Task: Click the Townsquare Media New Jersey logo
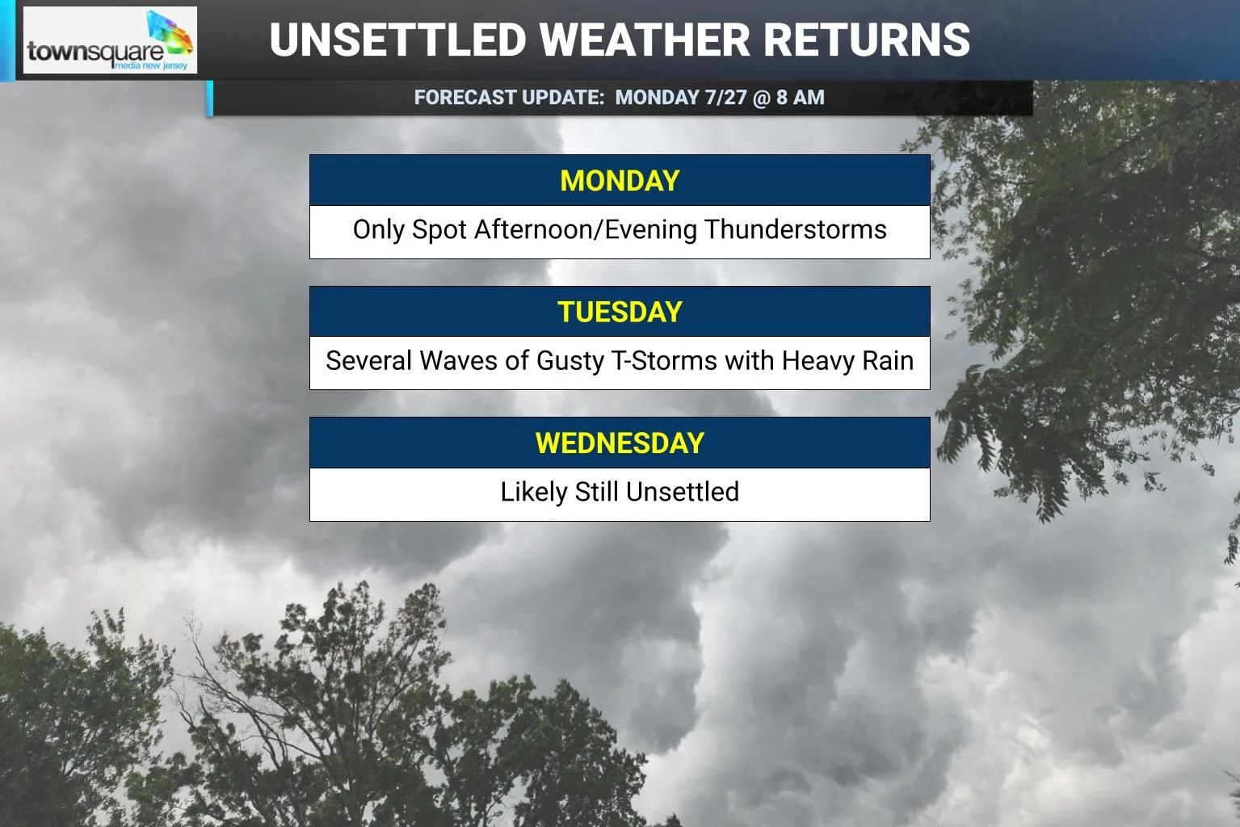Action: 110,40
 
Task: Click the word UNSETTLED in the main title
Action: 397,40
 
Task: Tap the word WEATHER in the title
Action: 645,40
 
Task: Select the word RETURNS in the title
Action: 867,40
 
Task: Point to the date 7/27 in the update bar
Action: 725,98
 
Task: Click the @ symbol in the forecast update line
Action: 762,98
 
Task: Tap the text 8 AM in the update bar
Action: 801,98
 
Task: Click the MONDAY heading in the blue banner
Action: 620,180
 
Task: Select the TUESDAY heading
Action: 620,312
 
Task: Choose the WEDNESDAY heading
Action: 620,443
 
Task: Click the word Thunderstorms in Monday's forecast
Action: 796,229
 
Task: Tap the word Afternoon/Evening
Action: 586,230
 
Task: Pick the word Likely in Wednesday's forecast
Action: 534,492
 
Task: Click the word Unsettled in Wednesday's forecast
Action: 683,492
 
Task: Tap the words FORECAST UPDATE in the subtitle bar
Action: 509,98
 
